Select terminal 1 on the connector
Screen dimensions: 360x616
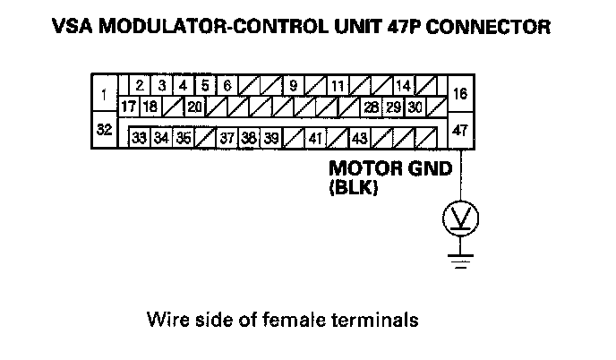coord(105,93)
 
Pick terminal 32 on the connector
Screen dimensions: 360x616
coord(105,130)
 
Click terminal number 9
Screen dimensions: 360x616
coord(293,86)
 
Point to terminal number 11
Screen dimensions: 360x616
coord(337,86)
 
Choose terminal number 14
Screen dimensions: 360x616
coord(403,86)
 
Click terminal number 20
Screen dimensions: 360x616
coord(194,107)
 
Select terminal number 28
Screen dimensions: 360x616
coord(370,107)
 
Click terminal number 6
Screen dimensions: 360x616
coord(227,86)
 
